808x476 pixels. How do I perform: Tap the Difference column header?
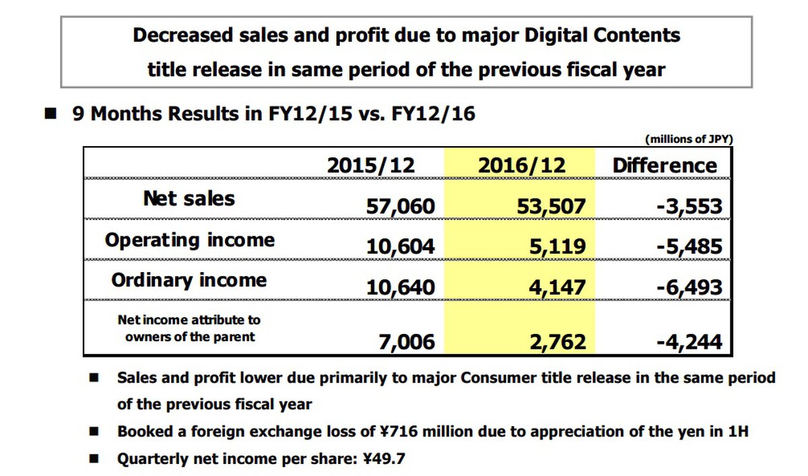pyautogui.click(x=665, y=166)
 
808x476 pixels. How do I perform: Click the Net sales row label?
pyautogui.click(x=189, y=199)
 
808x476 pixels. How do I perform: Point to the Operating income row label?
pyautogui.click(x=189, y=240)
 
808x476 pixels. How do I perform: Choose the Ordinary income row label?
pyautogui.click(x=189, y=280)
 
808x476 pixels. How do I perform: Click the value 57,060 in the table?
pyautogui.click(x=401, y=207)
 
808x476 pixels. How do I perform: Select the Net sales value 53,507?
pyautogui.click(x=550, y=207)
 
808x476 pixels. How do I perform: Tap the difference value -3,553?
pyautogui.click(x=689, y=207)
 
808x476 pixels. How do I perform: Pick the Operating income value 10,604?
pyautogui.click(x=401, y=247)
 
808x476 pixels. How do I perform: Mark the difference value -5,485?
pyautogui.click(x=689, y=247)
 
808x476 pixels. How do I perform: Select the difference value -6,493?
pyautogui.click(x=689, y=288)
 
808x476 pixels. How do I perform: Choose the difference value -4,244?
pyautogui.click(x=689, y=341)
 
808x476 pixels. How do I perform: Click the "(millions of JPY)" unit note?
pyautogui.click(x=689, y=139)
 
